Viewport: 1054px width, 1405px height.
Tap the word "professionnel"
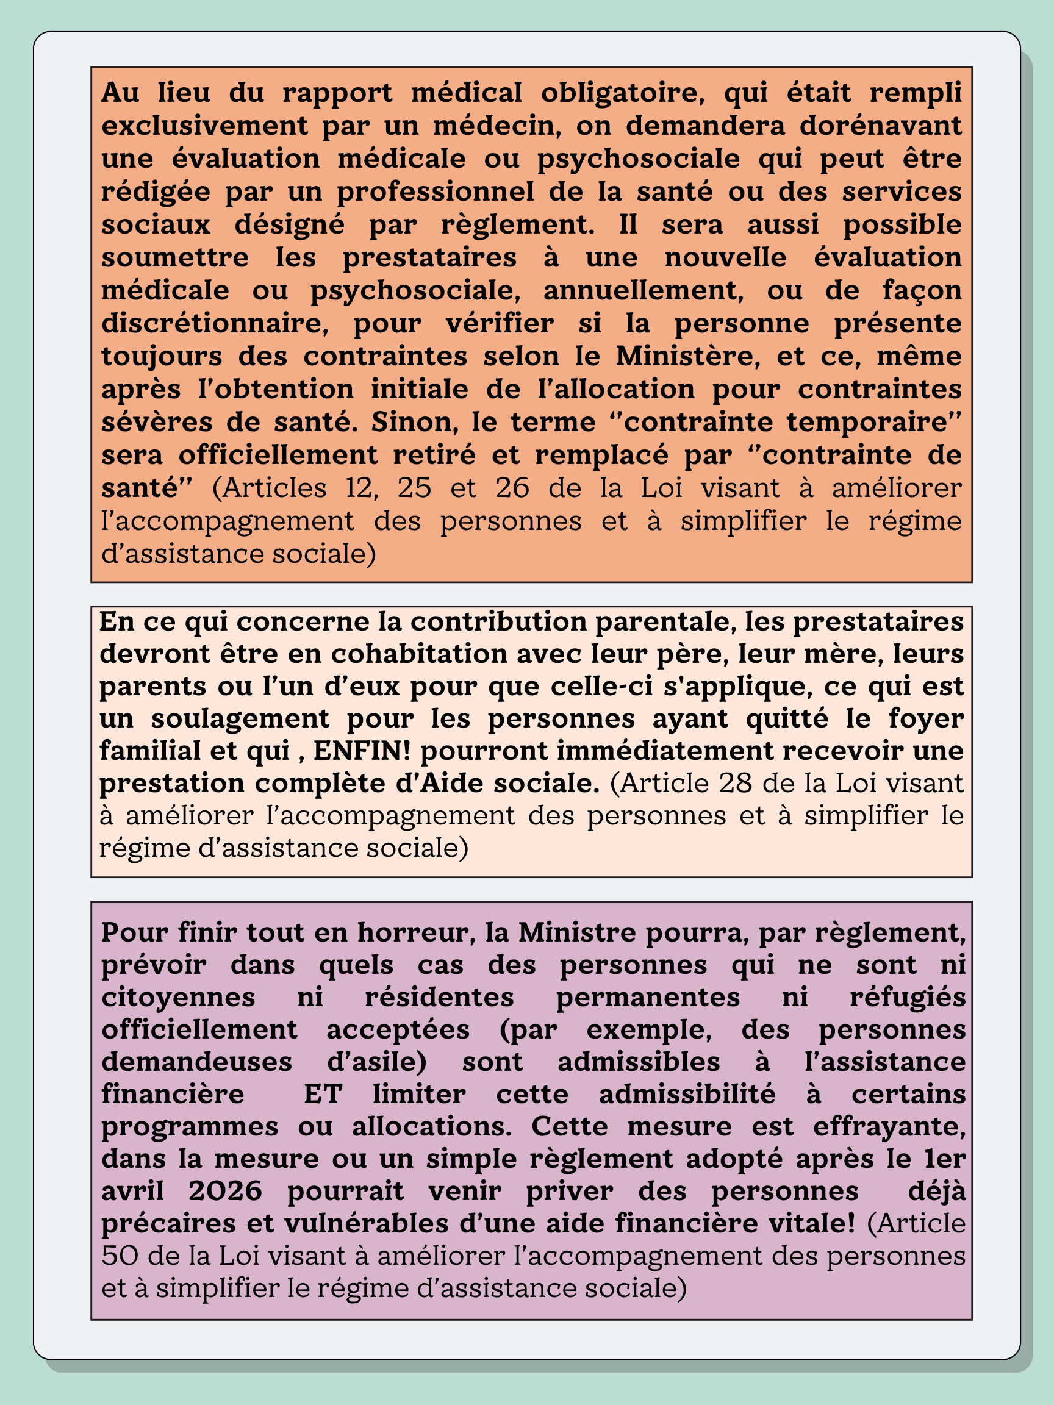tap(435, 192)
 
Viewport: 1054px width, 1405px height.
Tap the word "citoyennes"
tap(178, 997)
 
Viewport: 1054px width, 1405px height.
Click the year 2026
tap(226, 1191)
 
